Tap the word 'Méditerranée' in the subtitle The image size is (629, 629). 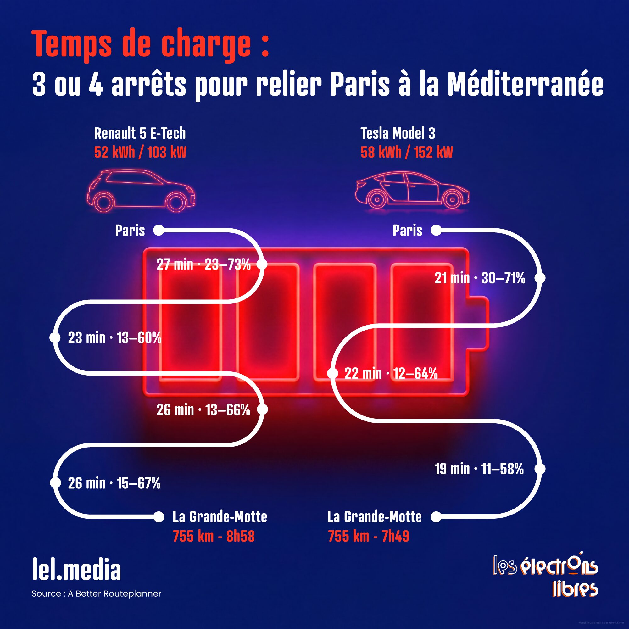tap(525, 85)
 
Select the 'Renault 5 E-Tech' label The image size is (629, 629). tap(140, 133)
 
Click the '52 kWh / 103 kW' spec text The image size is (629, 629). tap(140, 152)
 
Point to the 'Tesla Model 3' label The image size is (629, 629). tap(398, 133)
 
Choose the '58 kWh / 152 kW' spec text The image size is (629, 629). tap(407, 152)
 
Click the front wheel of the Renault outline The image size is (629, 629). tap(176, 202)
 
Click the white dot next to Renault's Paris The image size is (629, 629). tap(159, 230)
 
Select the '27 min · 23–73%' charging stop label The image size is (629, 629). tap(203, 265)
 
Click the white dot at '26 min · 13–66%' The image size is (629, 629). tap(262, 409)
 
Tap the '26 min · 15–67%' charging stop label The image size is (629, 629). tap(114, 483)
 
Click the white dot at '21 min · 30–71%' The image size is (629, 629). tap(540, 278)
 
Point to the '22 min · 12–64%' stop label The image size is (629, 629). tap(391, 373)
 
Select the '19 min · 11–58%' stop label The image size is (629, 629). tap(479, 469)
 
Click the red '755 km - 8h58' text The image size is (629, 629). tap(214, 537)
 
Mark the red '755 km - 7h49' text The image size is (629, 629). tap(369, 537)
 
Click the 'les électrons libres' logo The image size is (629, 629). tap(546, 578)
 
